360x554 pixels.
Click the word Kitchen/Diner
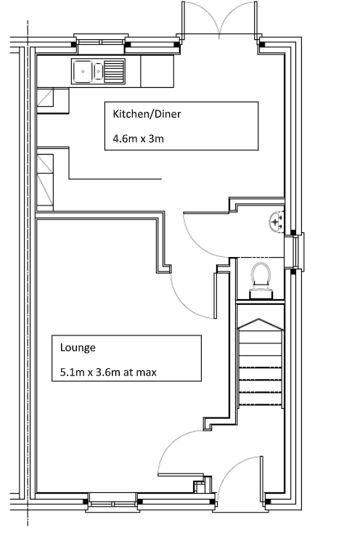(147, 114)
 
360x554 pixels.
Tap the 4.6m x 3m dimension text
(138, 139)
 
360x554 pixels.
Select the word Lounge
(78, 348)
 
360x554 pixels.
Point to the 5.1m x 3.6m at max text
(108, 372)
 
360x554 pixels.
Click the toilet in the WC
(261, 281)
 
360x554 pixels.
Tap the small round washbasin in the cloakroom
(277, 222)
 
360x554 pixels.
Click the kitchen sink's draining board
(114, 71)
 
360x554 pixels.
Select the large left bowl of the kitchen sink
(83, 71)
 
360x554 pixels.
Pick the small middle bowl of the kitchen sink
(98, 72)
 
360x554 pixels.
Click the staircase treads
(261, 367)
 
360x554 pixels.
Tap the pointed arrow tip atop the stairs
(259, 319)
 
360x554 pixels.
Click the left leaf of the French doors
(200, 17)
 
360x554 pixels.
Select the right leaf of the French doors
(239, 17)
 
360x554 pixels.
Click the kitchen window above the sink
(101, 42)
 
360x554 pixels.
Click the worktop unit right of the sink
(157, 71)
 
